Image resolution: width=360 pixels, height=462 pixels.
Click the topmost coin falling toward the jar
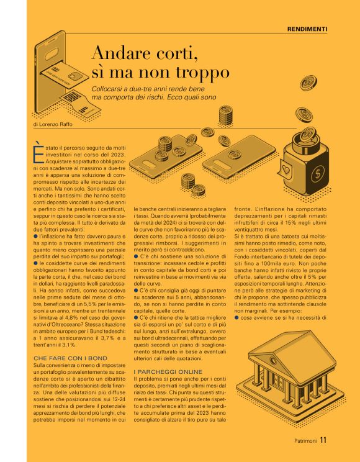pyautogui.click(x=308, y=83)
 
